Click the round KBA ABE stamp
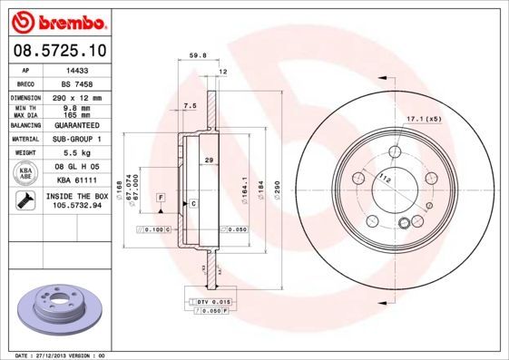pyautogui.click(x=24, y=172)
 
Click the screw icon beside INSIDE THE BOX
pyautogui.click(x=24, y=200)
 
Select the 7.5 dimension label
pyautogui.click(x=190, y=106)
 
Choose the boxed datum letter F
pyautogui.click(x=161, y=197)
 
